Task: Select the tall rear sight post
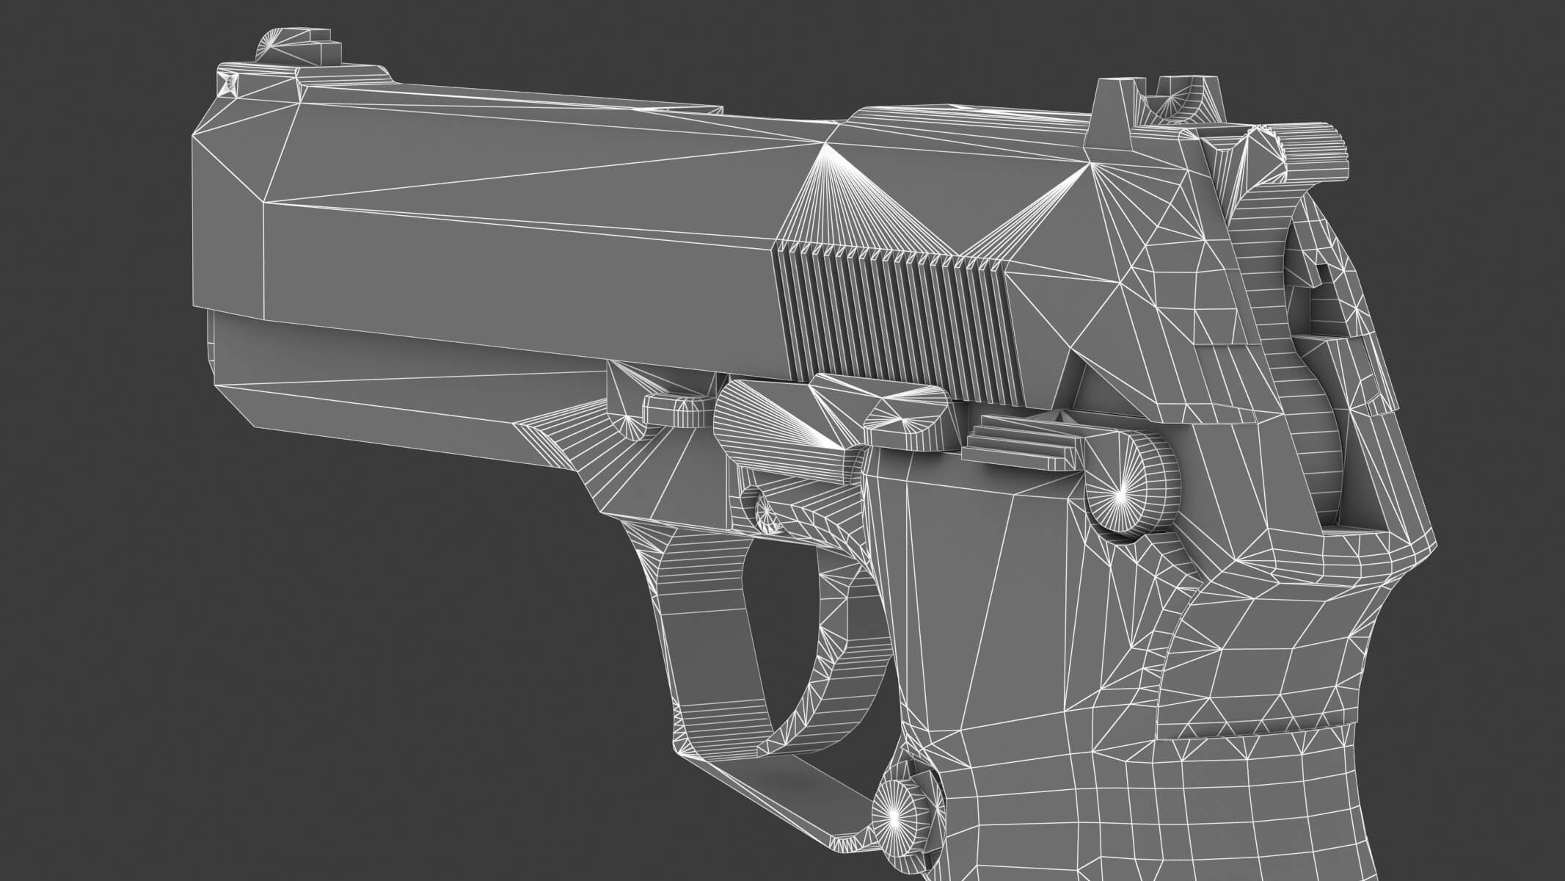click(x=1115, y=110)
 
